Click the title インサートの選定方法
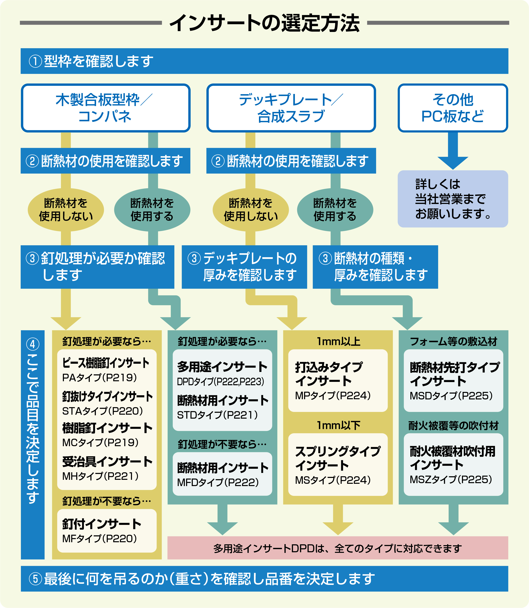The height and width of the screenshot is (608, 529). coord(264,23)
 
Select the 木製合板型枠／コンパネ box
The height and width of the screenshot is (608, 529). coord(106,108)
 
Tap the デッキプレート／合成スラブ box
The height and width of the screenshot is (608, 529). coord(291,108)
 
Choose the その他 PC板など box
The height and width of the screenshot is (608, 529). coord(453,108)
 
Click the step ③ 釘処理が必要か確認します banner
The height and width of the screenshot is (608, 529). coord(97,267)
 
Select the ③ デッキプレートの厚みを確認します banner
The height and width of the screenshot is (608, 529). coord(244,267)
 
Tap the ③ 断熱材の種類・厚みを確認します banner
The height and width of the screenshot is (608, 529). coord(375,267)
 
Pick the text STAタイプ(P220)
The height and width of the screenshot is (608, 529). coord(102,411)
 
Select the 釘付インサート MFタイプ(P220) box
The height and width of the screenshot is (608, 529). coord(107,530)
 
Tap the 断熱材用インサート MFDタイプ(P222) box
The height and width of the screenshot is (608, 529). coord(222,474)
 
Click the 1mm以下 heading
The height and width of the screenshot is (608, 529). coord(338,425)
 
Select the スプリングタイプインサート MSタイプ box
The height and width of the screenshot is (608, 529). coord(338,465)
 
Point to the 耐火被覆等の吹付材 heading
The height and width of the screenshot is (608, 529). coord(453,426)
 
